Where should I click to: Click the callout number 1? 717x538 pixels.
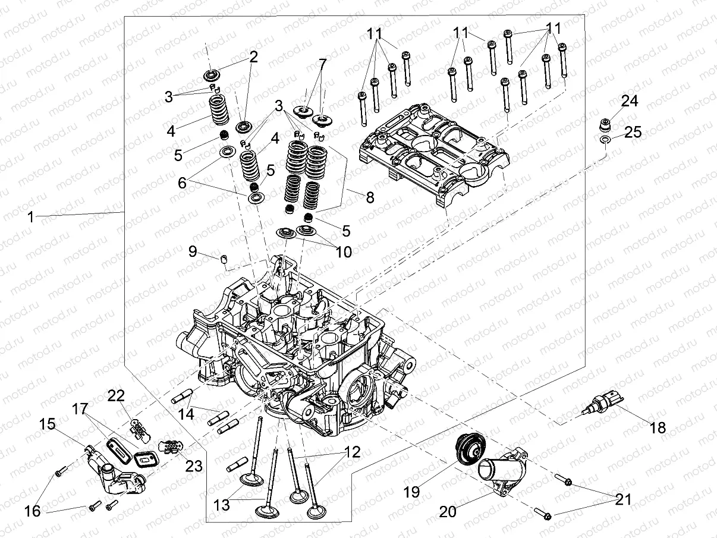30,218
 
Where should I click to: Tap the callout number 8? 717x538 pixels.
370,197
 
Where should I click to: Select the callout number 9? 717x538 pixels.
192,251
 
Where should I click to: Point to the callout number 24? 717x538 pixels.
630,101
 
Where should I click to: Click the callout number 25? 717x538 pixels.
633,132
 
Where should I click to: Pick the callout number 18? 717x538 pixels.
657,427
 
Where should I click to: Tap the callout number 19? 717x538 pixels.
411,492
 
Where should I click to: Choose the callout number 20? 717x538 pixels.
448,511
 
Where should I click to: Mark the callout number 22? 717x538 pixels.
117,395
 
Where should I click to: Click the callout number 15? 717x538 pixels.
47,424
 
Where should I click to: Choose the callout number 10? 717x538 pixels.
343,252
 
